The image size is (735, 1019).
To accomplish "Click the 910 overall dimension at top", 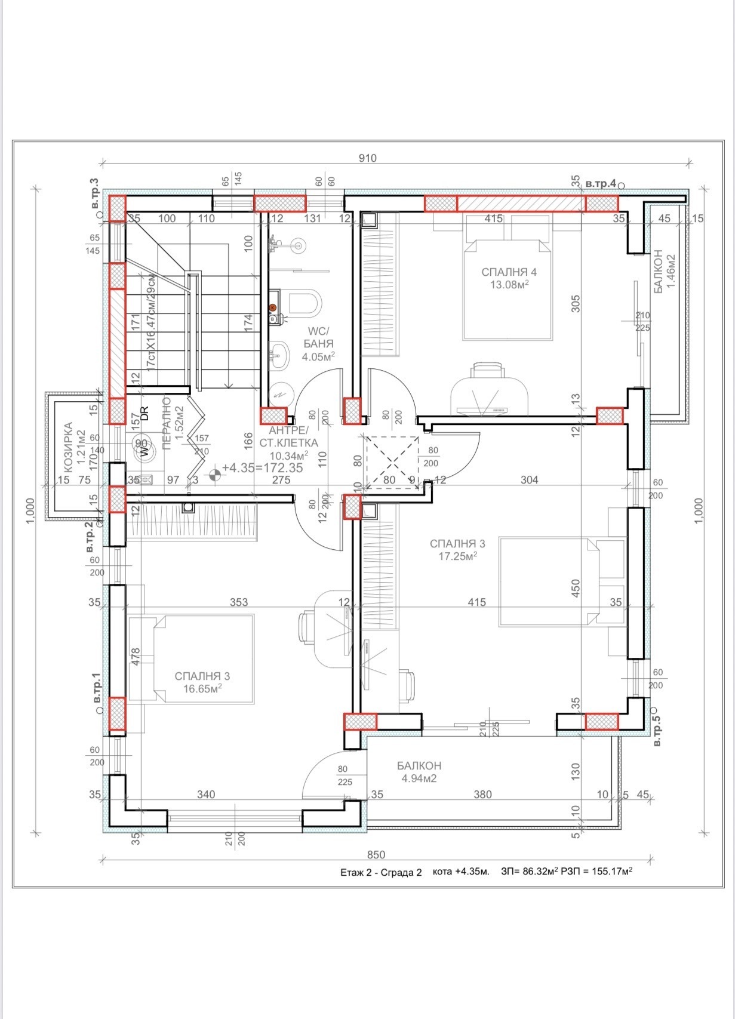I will coord(368,158).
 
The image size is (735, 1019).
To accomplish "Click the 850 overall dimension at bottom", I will coord(376,855).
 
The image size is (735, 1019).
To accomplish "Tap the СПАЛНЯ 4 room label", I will coord(509,272).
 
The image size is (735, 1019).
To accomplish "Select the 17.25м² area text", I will coord(457,556).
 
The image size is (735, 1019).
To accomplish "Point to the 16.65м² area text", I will coord(202,688).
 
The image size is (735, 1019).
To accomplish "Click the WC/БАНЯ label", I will coord(318,337).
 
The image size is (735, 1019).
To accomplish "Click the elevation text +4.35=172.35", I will coord(262,468).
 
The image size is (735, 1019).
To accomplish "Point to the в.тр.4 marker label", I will coord(600,184).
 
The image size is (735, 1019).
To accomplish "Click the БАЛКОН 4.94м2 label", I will coord(419,772).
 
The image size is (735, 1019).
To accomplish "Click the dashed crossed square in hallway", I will coord(392,462).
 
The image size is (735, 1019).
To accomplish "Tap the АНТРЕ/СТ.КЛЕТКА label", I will coord(288,437).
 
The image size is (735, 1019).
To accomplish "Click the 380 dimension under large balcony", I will coord(482,795).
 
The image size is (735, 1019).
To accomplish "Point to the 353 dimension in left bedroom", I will coord(239,602).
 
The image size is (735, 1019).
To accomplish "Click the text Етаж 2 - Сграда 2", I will coord(381,873).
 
